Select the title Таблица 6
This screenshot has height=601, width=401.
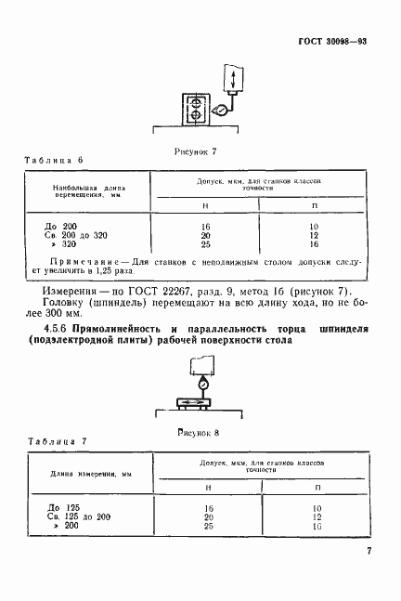tap(53, 161)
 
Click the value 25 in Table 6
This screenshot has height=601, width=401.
tap(207, 244)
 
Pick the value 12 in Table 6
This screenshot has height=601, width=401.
tap(315, 235)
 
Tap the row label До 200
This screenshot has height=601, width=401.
tap(64, 226)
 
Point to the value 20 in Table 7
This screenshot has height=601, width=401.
tap(207, 517)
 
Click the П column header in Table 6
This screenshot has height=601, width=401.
tap(315, 205)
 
